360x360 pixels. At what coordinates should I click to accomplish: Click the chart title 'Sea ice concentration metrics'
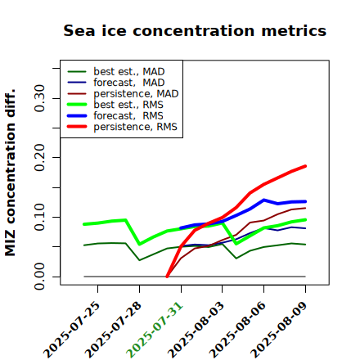(195, 30)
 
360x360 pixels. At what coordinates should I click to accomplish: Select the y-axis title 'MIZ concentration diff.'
(10, 173)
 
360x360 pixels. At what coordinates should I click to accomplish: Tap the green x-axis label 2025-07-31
(155, 330)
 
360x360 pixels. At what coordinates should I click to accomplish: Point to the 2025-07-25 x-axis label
(71, 330)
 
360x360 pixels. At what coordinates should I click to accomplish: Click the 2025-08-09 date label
(279, 330)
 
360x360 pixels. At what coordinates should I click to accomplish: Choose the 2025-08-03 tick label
(196, 330)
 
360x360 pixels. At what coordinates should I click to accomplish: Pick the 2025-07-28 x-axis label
(113, 330)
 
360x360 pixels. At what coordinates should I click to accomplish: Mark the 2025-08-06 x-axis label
(237, 330)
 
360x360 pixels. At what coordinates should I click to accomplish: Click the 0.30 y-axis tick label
(39, 98)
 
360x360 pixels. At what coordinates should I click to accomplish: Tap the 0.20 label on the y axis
(39, 157)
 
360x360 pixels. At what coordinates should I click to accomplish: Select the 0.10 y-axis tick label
(39, 217)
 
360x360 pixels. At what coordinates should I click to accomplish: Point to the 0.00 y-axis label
(39, 277)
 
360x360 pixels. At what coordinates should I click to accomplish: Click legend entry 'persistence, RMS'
(123, 127)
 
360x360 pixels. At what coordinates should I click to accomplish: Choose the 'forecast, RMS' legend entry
(115, 115)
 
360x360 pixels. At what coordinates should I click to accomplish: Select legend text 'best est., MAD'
(116, 71)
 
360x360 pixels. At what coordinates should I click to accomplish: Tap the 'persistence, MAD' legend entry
(123, 93)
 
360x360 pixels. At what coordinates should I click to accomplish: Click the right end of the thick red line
(305, 166)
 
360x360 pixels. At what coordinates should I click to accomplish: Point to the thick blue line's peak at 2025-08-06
(263, 200)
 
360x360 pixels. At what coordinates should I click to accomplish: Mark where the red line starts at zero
(167, 277)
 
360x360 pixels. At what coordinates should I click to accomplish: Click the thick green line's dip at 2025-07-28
(140, 244)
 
